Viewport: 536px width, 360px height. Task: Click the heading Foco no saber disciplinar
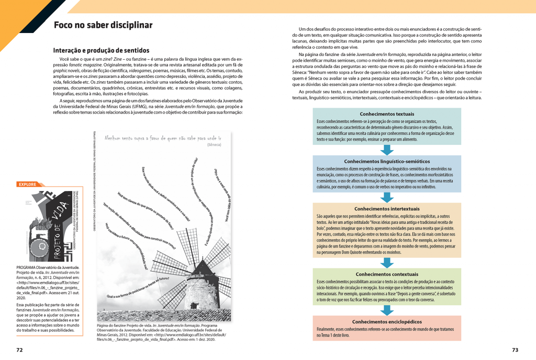103,25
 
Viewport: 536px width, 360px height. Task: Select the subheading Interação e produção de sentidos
101,50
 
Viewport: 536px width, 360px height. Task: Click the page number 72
19,349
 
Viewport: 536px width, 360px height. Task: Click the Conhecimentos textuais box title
387,114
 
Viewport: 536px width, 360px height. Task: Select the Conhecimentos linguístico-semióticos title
387,162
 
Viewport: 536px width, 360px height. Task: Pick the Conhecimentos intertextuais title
387,208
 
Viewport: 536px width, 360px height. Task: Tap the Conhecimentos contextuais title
387,274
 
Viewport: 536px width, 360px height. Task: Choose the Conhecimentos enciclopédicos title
387,321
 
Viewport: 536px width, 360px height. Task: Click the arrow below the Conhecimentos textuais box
387,150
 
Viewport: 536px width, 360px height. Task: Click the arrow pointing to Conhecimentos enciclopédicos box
387,310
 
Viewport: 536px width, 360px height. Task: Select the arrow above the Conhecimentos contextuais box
387,262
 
